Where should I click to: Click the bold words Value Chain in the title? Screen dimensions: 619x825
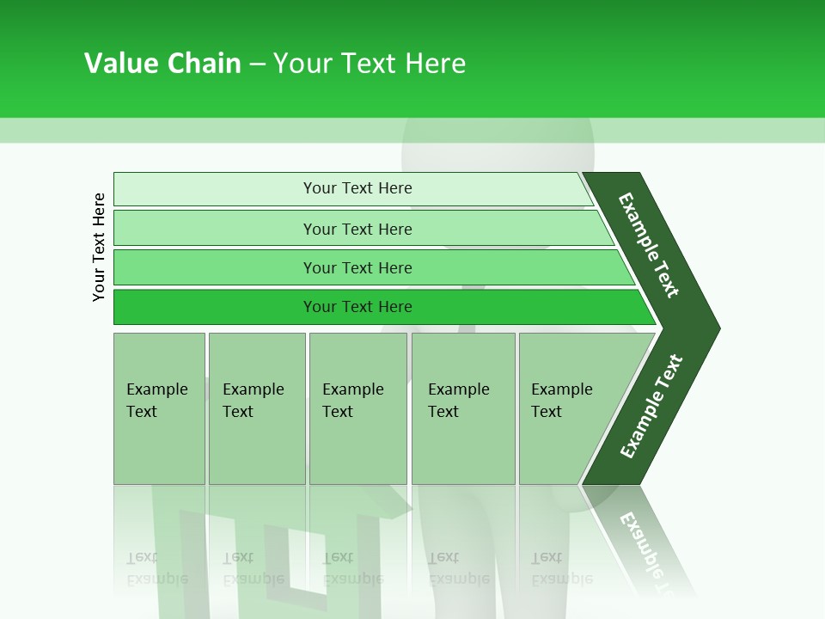point(162,64)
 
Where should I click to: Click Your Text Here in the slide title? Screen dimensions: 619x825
point(370,64)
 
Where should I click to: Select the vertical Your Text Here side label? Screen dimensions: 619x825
point(99,247)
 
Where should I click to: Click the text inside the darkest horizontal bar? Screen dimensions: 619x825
point(357,307)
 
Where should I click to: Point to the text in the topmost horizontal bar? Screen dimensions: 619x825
point(357,188)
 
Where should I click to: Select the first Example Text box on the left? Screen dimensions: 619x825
point(159,408)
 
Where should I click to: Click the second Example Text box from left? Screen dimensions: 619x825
point(256,408)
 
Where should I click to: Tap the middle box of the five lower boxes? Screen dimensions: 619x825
point(357,408)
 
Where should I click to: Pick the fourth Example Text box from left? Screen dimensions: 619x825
point(463,408)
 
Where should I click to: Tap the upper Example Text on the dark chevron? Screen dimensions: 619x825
point(649,245)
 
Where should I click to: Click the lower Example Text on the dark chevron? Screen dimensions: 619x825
point(651,407)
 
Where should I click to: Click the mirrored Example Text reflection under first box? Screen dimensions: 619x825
point(156,567)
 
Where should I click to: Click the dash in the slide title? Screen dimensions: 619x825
point(257,64)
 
